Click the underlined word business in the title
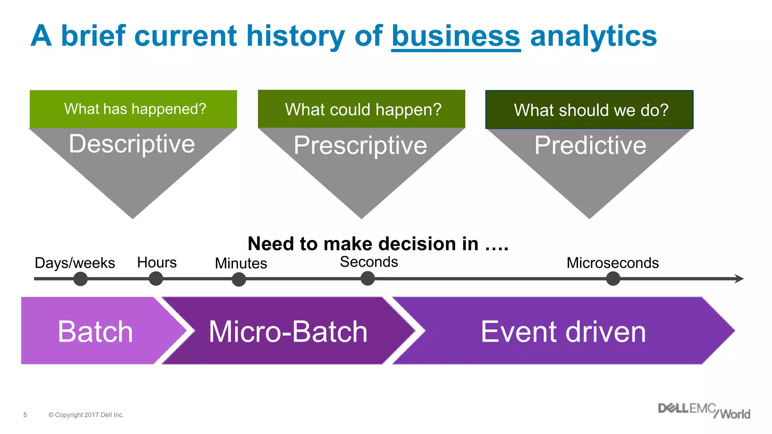tap(456, 36)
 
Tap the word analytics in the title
tap(593, 36)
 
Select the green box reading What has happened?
tap(133, 109)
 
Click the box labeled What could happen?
tap(361, 109)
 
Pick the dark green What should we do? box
tap(589, 110)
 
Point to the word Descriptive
tap(132, 144)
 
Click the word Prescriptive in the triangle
tap(360, 145)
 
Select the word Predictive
tap(590, 145)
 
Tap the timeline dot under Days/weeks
tap(80, 279)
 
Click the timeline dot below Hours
tap(156, 279)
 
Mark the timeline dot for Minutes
tap(239, 280)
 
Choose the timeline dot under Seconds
tap(368, 279)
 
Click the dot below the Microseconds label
tap(613, 279)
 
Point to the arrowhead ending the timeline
tap(740, 279)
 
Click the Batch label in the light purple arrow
tap(95, 332)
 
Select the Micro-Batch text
tap(288, 332)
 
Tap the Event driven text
tap(563, 332)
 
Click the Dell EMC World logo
tap(704, 411)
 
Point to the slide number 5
tap(25, 415)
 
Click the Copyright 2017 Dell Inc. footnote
tap(86, 415)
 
